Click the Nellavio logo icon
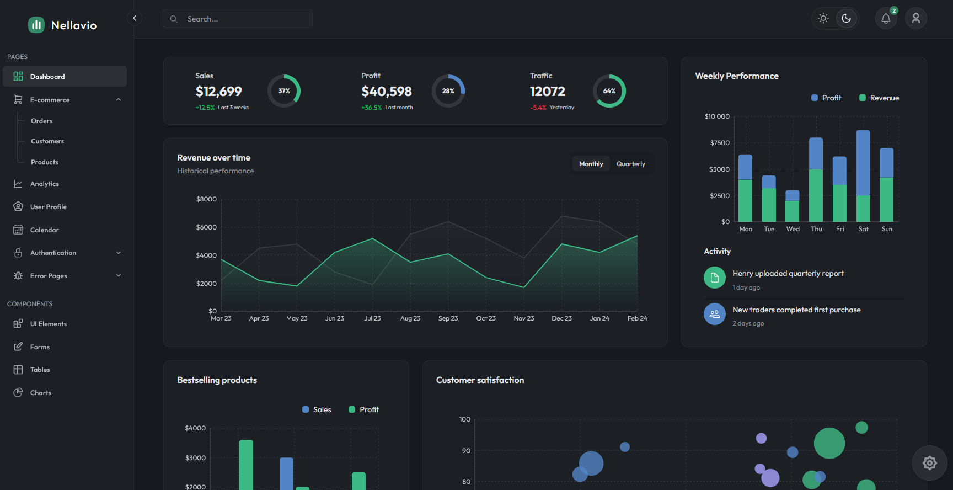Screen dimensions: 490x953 (36, 25)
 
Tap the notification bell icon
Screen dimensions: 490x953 (886, 19)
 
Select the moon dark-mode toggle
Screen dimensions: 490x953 (847, 18)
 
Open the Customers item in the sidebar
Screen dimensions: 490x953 (47, 141)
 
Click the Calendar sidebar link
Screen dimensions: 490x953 (44, 230)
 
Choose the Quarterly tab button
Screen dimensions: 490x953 (630, 164)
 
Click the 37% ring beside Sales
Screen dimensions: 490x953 (284, 91)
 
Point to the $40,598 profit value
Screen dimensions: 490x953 (387, 92)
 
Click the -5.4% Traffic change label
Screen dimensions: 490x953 (538, 108)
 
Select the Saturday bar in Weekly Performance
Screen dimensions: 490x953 (863, 175)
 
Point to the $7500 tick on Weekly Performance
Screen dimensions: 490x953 (720, 143)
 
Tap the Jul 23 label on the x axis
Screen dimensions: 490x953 (372, 318)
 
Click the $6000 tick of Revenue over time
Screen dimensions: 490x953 (206, 227)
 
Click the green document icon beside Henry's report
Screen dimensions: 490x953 (715, 278)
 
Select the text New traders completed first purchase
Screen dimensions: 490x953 (796, 310)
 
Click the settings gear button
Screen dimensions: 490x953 (930, 463)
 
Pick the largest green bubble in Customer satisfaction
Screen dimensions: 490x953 (829, 443)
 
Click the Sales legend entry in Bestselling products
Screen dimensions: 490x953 (317, 409)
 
